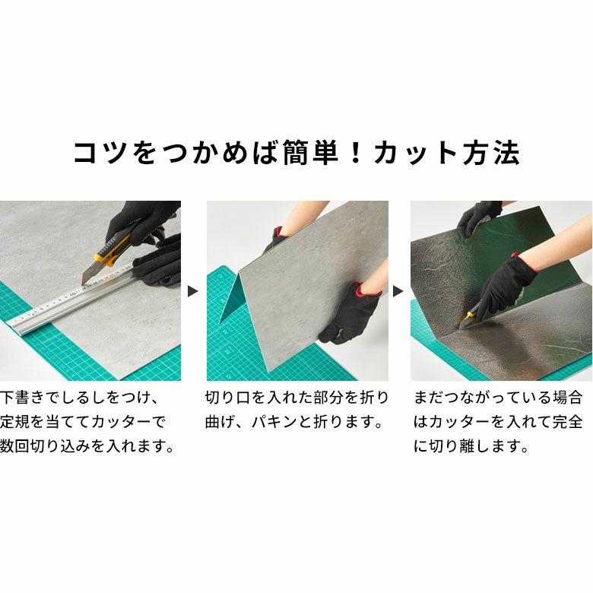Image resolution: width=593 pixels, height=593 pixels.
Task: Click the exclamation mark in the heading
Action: [x=356, y=153]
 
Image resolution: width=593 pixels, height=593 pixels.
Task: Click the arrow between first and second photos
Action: [x=193, y=291]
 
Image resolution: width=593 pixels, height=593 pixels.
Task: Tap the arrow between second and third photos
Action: [x=398, y=291]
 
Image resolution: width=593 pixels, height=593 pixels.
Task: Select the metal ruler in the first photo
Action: [x=72, y=299]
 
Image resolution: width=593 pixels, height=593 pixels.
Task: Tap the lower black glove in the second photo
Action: [x=350, y=314]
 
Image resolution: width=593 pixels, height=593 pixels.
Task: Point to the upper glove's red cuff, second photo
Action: [x=279, y=231]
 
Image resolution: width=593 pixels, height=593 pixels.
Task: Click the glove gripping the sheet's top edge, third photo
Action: [x=478, y=217]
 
